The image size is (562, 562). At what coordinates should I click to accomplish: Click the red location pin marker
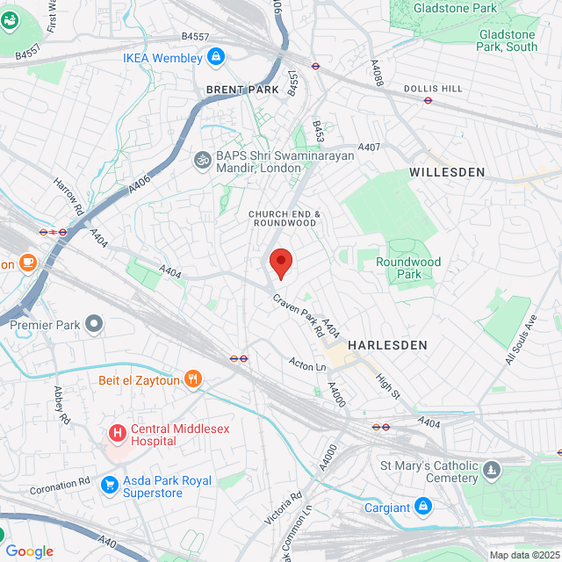pos(280,263)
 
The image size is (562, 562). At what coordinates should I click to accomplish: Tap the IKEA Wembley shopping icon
pos(215,58)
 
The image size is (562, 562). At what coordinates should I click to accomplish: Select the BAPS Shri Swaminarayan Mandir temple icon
pos(201,160)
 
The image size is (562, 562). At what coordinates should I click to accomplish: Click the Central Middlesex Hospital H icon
pos(116,433)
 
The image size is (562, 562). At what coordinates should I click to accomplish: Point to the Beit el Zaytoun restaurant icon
pos(193,380)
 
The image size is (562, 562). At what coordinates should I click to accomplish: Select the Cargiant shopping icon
pos(423,508)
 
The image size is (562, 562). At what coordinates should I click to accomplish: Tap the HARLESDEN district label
pos(387,345)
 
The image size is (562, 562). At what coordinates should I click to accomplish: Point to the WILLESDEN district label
pos(447,173)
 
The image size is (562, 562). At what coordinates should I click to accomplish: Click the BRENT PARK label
pos(241,90)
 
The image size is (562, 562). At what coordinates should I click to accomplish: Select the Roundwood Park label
pos(408,268)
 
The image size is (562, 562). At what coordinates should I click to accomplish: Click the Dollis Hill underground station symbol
pos(428,101)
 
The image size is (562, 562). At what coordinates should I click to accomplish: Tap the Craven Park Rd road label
pos(298,317)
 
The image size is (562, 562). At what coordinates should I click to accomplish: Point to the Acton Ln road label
pos(307,364)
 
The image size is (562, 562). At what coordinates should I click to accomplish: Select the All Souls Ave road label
pos(521,339)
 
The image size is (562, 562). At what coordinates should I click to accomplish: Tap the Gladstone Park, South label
pos(508,40)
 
